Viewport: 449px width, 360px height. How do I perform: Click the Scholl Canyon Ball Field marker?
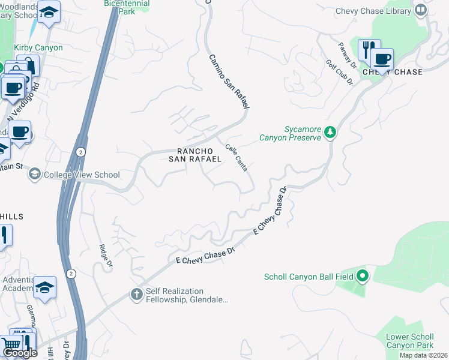pyautogui.click(x=362, y=276)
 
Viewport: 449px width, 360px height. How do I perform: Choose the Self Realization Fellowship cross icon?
pyautogui.click(x=136, y=295)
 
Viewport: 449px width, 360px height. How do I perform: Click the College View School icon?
pyautogui.click(x=34, y=175)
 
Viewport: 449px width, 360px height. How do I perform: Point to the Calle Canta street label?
pyautogui.click(x=237, y=157)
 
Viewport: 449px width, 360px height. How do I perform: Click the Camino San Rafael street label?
pyautogui.click(x=228, y=82)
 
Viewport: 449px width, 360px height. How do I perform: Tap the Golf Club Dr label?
pyautogui.click(x=339, y=72)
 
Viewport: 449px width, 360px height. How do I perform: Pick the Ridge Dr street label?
pyautogui.click(x=106, y=255)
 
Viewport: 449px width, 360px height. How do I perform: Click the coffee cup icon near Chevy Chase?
pyautogui.click(x=382, y=59)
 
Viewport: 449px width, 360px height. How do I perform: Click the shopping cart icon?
pyautogui.click(x=11, y=345)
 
